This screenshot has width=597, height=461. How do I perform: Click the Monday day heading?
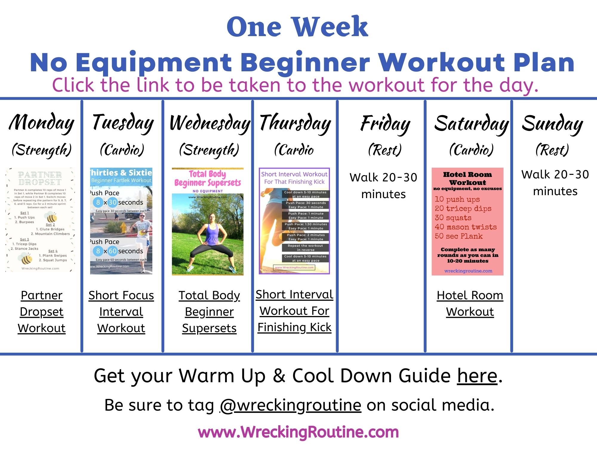(41, 123)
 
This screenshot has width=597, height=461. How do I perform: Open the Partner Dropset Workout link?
(41, 312)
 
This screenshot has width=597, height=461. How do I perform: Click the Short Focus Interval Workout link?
(121, 312)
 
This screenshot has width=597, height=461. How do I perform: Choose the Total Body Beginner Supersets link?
(209, 312)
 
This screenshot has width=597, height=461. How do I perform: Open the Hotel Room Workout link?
(470, 303)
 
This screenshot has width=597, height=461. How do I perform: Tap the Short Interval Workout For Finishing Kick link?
(295, 311)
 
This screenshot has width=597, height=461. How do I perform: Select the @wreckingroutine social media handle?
(290, 405)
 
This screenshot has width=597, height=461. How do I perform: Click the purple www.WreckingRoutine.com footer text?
(298, 432)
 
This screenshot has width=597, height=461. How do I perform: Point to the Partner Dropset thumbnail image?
(40, 220)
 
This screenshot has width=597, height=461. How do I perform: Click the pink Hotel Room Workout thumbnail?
(467, 221)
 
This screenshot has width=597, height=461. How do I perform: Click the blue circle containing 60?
(113, 251)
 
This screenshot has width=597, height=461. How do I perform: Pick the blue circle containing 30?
(113, 202)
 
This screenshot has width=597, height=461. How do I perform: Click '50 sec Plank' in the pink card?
(458, 236)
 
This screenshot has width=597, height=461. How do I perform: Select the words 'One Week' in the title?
(297, 27)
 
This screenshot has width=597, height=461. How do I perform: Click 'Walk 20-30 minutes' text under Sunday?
(555, 183)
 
